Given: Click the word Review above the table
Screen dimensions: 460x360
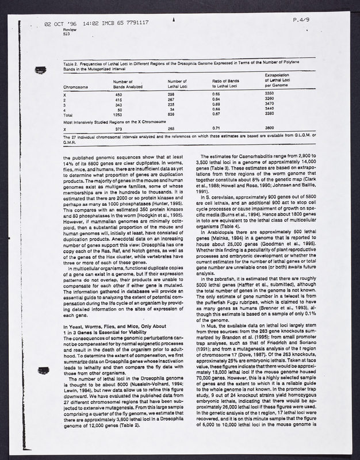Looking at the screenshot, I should [x=70, y=30].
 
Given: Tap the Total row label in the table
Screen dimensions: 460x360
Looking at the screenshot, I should [x=68, y=114].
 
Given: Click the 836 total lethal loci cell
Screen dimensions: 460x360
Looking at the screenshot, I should [x=171, y=114].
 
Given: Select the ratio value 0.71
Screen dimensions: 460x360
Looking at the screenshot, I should [x=216, y=128].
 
